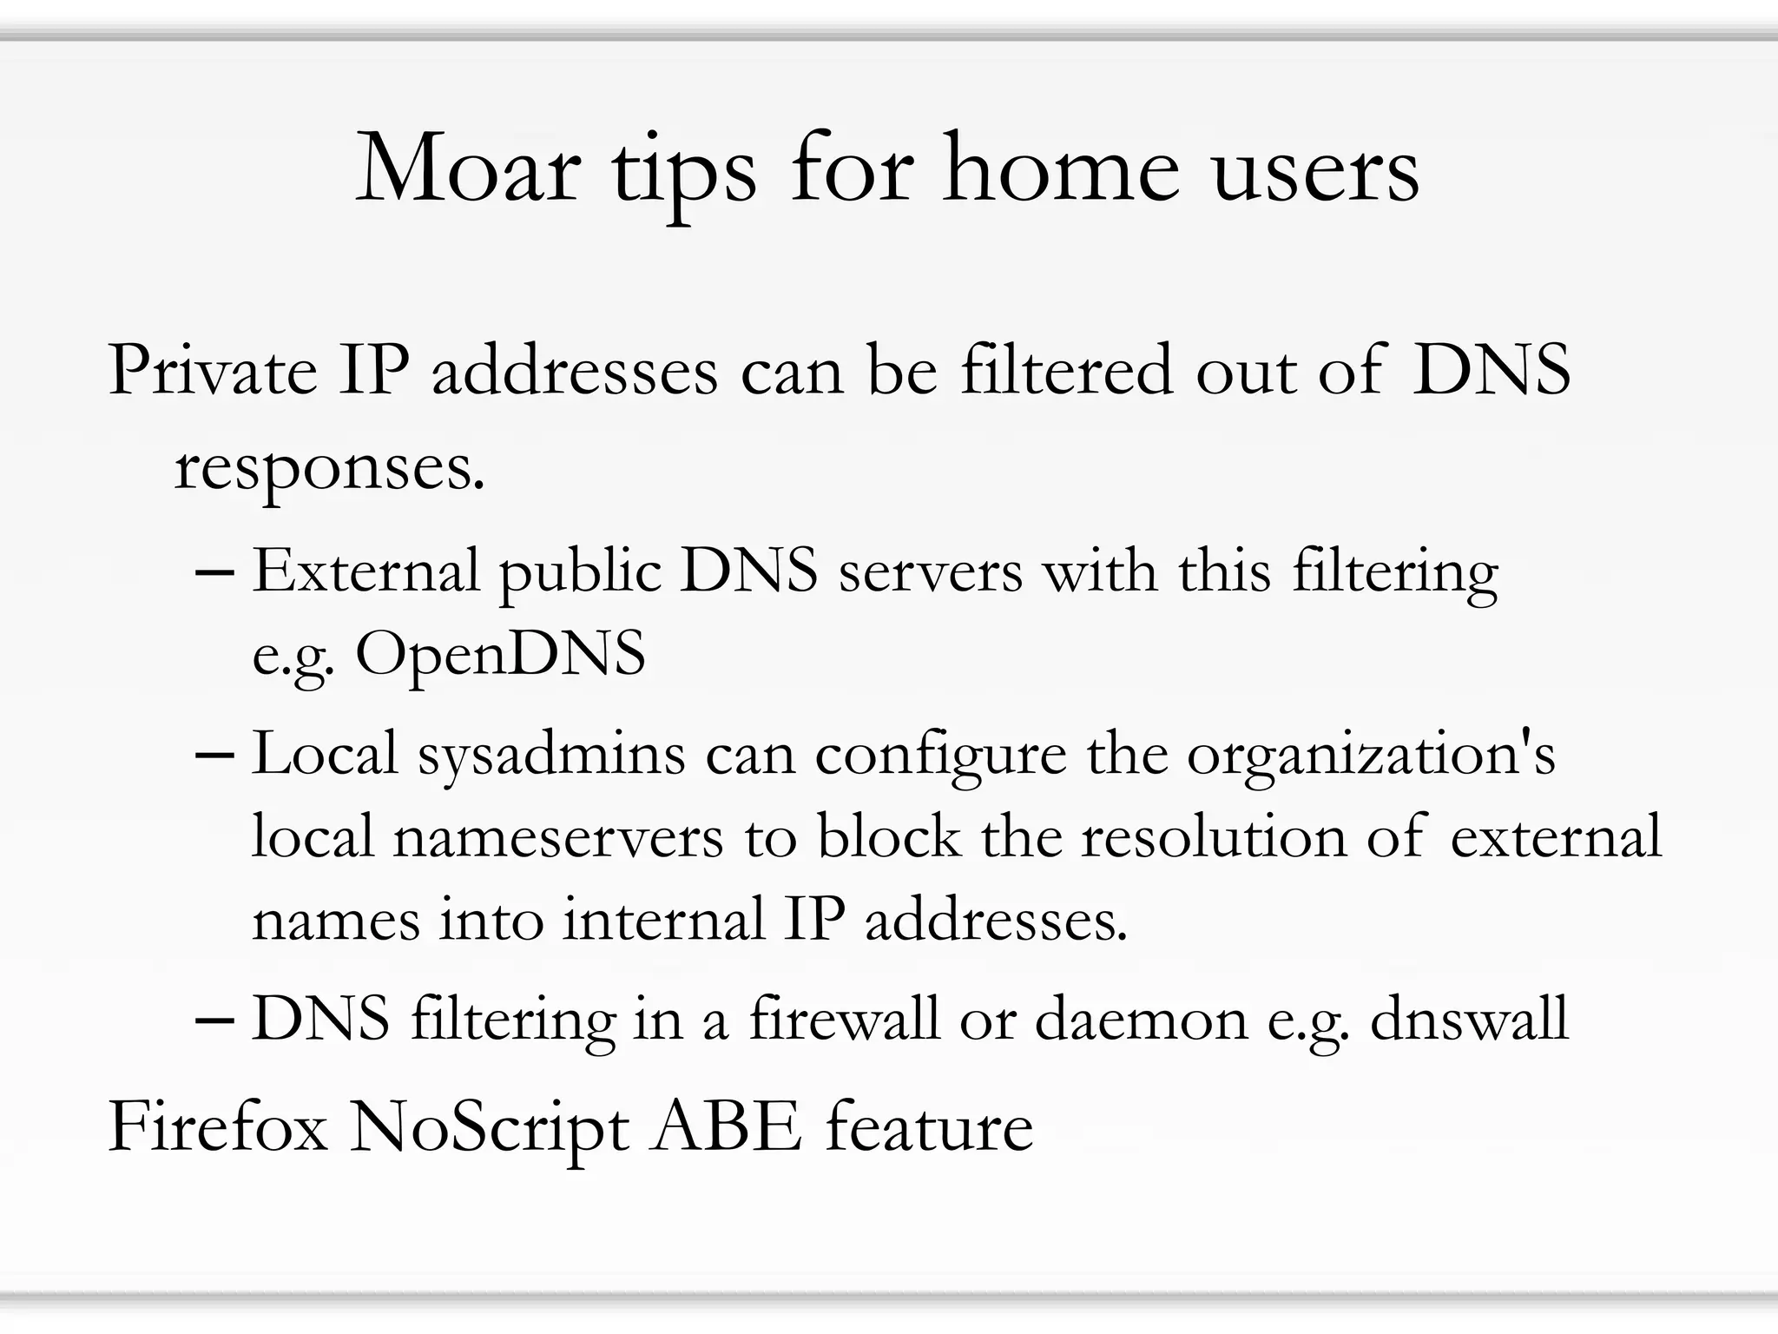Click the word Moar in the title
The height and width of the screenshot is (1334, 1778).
468,169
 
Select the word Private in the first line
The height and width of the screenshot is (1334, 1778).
213,372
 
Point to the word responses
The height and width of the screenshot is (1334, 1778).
329,469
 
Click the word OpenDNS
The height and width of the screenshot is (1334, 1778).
500,654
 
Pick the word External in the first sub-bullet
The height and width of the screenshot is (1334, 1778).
365,571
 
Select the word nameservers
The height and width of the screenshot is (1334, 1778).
557,837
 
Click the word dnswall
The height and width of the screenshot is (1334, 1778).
1469,1019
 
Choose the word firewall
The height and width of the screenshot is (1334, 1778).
843,1018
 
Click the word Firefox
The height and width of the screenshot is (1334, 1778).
218,1127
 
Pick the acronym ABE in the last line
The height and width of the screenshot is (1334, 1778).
726,1127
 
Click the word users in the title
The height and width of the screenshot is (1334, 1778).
1314,169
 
